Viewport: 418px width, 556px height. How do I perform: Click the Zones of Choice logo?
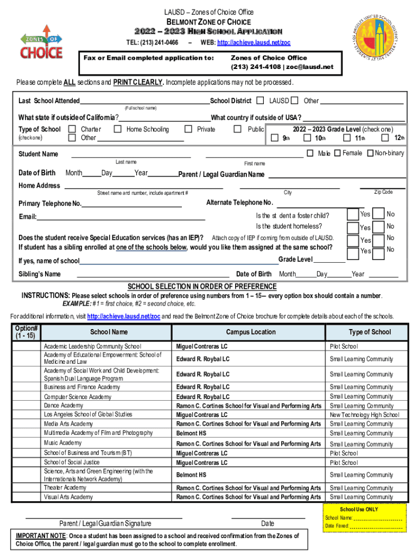click(41, 42)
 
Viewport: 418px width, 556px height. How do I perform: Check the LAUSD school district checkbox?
click(261, 100)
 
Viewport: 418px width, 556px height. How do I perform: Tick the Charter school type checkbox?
click(72, 129)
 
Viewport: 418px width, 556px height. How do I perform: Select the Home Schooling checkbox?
click(117, 129)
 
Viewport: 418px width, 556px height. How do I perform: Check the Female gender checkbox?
click(336, 153)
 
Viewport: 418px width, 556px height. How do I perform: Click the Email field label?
click(28, 217)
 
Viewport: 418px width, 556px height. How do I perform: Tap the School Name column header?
click(109, 332)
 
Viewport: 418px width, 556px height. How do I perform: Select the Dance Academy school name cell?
click(64, 406)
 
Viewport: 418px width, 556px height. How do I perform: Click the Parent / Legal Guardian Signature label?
click(105, 523)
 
